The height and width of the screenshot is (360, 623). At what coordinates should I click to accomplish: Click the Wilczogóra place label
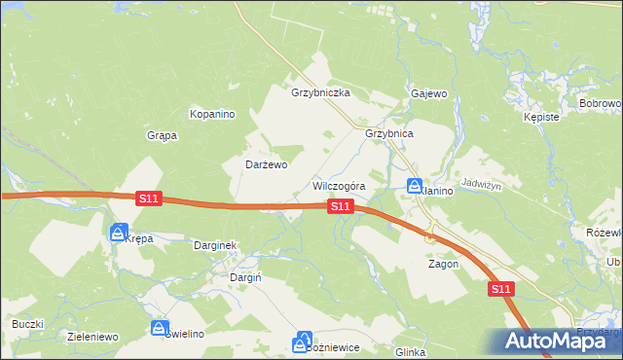[x=338, y=186]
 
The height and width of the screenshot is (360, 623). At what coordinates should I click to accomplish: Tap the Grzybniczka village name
[x=319, y=93]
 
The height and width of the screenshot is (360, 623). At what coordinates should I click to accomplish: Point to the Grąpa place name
[x=162, y=135]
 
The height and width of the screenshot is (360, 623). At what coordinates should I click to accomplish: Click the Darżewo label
[x=266, y=164]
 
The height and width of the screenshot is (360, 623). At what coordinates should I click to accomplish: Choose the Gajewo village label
[x=428, y=93]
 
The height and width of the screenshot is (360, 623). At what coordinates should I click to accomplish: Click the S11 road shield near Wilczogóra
[x=340, y=206]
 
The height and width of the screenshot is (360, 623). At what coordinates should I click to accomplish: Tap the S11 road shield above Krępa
[x=148, y=198]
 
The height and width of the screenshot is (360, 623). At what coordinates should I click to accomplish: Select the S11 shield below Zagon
[x=500, y=289]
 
